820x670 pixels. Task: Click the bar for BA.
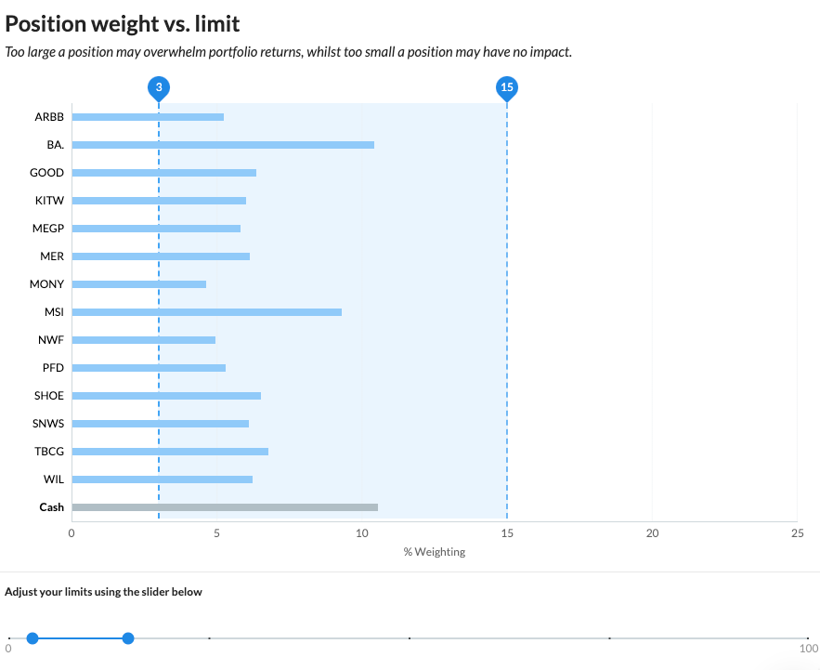[223, 145]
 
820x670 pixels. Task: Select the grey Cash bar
[225, 507]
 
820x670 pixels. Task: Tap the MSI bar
[206, 312]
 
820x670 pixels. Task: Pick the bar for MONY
[139, 284]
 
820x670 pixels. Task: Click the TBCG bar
[170, 452]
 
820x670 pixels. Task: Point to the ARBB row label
[49, 117]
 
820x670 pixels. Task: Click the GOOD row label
[47, 173]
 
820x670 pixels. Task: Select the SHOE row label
[49, 396]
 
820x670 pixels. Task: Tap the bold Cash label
[52, 507]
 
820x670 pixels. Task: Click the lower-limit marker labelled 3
[159, 88]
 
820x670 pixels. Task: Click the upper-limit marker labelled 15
[507, 88]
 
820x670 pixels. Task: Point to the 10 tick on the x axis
[362, 533]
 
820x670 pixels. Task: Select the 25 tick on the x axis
[797, 533]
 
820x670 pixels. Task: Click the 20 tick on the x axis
[652, 533]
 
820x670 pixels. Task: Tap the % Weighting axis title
[435, 552]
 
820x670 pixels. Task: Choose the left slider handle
[33, 637]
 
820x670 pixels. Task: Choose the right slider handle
[128, 637]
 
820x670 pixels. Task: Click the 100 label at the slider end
[809, 649]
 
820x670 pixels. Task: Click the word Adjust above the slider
[20, 592]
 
